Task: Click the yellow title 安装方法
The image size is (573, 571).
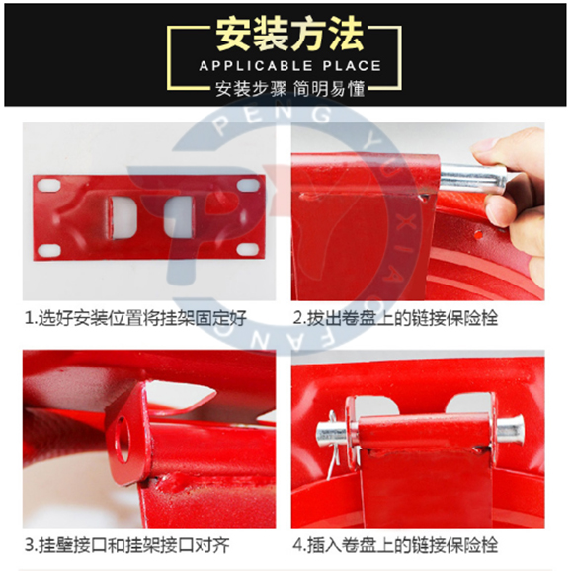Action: [289, 35]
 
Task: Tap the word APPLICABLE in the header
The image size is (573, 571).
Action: [256, 66]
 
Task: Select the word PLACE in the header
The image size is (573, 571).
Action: [352, 66]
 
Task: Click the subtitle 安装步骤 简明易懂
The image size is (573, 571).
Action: [289, 89]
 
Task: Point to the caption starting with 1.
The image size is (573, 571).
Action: [135, 318]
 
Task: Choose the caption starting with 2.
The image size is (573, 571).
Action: [395, 318]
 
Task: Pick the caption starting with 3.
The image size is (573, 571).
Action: [126, 545]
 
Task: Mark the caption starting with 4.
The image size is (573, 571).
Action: [395, 545]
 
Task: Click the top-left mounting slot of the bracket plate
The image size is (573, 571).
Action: [49, 185]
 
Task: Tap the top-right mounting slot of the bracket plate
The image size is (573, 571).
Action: [248, 185]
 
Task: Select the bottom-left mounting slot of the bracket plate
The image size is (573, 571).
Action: [49, 250]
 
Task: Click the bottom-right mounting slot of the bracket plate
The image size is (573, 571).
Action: [248, 250]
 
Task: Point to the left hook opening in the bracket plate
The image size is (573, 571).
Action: [123, 217]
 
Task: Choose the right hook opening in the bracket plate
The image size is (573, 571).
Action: [178, 216]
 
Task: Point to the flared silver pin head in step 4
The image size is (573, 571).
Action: [511, 430]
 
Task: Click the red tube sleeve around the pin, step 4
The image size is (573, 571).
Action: [424, 431]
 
